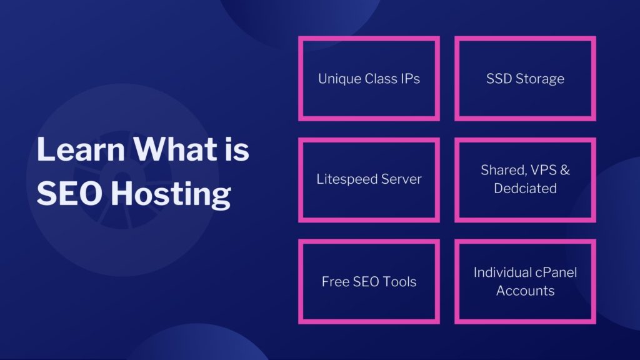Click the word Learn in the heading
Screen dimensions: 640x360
pos(81,149)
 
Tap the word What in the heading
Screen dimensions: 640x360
pos(176,149)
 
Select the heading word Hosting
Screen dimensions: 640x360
pos(171,194)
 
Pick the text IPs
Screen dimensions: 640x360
pos(410,79)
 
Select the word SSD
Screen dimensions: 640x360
pos(499,79)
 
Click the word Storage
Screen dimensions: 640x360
pos(540,79)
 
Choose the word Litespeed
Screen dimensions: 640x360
pos(346,179)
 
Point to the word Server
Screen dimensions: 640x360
pos(401,179)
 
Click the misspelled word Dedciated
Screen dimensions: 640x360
pos(525,188)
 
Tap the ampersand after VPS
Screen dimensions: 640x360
pos(565,170)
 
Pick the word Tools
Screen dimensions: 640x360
pos(400,282)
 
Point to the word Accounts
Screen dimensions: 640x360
pos(525,291)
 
